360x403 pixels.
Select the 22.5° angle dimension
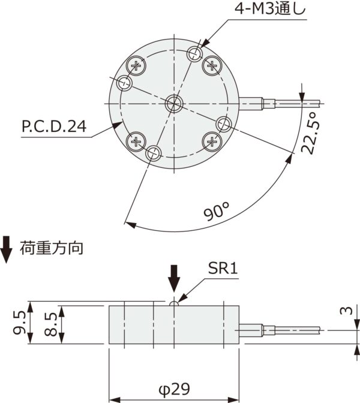pyautogui.click(x=310, y=133)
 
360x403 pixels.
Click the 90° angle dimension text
pyautogui.click(x=218, y=211)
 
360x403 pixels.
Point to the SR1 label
pyautogui.click(x=223, y=269)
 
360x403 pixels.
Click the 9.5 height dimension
pyautogui.click(x=19, y=323)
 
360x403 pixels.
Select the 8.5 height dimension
pyautogui.click(x=51, y=324)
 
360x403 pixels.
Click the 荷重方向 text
pyautogui.click(x=55, y=247)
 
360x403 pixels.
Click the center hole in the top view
pyautogui.click(x=175, y=103)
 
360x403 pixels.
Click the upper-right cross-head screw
pyautogui.click(x=212, y=65)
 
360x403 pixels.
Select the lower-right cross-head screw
pyautogui.click(x=212, y=142)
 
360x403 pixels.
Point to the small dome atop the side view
pyautogui.click(x=175, y=303)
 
